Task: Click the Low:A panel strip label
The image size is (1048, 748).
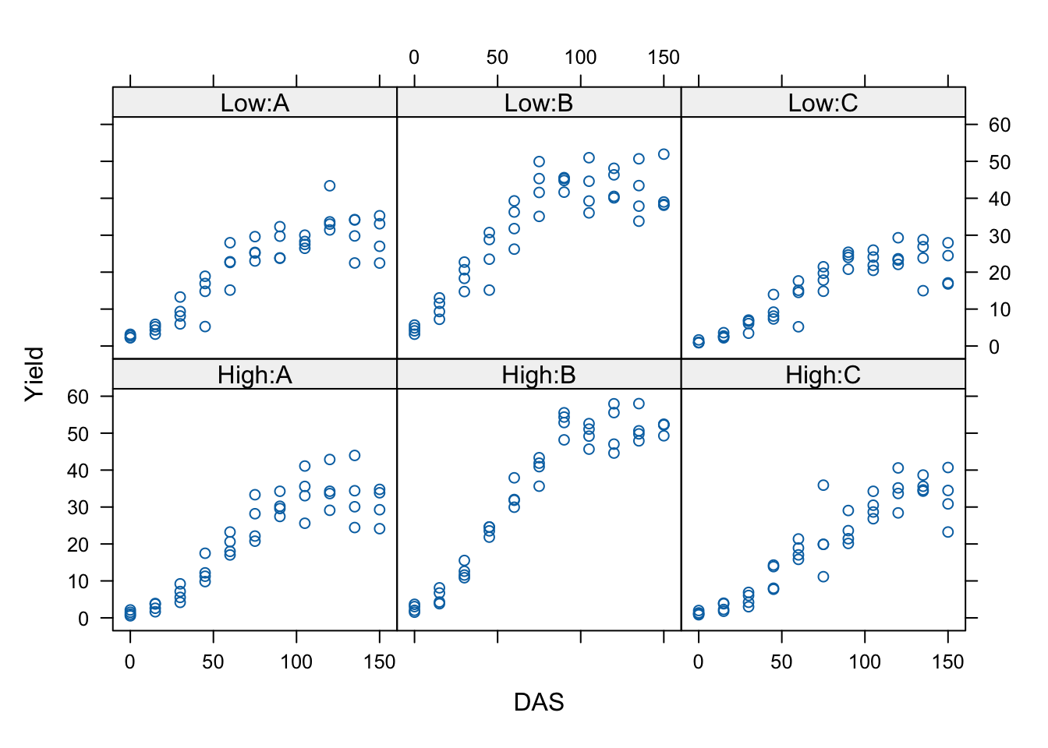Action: coord(254,104)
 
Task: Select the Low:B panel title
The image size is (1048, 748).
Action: coord(538,104)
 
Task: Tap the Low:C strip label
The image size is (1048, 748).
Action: coord(823,104)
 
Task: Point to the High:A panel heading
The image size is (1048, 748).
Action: coord(254,376)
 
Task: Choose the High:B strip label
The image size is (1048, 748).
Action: coord(538,376)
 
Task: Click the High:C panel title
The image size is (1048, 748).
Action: coord(823,376)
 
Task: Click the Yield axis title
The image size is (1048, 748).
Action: coord(34,374)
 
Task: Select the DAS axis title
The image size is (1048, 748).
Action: coord(538,703)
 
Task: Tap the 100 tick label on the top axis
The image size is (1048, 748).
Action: coord(580,58)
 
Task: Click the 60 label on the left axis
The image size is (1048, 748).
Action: coord(78,397)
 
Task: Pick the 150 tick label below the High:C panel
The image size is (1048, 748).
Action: coord(947,662)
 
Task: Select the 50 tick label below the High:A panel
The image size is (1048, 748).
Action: coord(213,662)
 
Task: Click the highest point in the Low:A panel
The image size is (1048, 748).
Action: coord(330,185)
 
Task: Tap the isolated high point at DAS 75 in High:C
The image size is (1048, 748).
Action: coord(823,485)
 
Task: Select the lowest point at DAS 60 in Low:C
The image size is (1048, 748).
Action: coord(798,326)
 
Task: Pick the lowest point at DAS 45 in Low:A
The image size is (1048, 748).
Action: coord(205,326)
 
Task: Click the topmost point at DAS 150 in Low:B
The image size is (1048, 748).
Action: coord(664,154)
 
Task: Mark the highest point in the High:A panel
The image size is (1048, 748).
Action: coord(355,455)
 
